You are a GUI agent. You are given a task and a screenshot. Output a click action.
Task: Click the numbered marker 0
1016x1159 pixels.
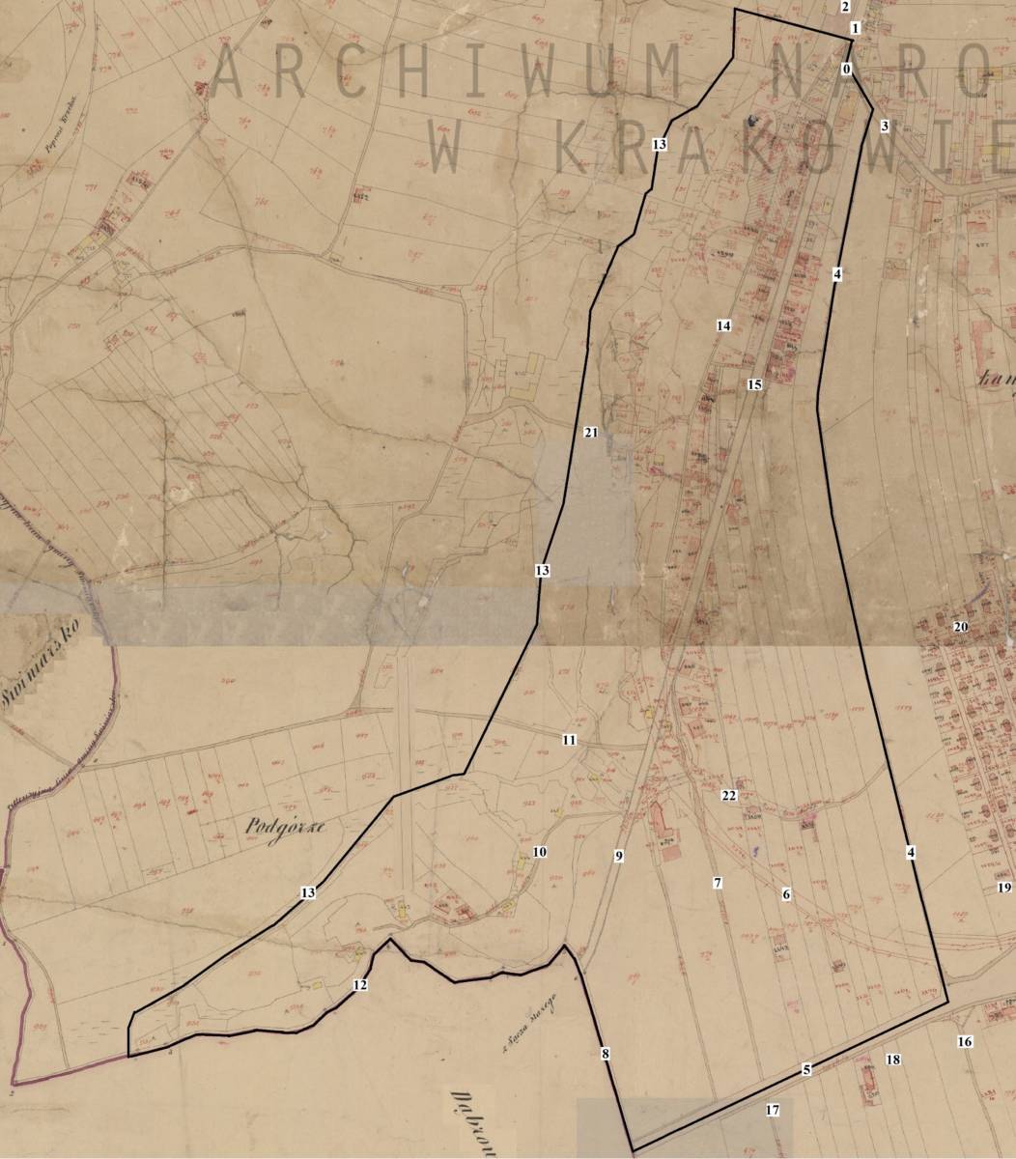click(846, 70)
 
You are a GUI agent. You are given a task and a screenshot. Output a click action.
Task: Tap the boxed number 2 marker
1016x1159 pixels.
click(845, 7)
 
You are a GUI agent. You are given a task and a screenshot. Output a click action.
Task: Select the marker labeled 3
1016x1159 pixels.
click(884, 126)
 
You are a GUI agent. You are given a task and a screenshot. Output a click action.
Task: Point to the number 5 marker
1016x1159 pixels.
click(806, 1069)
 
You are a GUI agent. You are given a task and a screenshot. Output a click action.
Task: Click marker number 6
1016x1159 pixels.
click(786, 895)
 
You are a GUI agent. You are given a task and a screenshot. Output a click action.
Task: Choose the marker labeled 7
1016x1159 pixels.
click(718, 883)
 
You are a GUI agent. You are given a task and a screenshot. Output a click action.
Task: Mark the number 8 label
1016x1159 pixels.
click(606, 1054)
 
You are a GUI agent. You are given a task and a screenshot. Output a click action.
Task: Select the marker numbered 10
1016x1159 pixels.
click(539, 852)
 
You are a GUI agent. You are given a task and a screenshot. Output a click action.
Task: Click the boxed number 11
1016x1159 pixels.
click(569, 740)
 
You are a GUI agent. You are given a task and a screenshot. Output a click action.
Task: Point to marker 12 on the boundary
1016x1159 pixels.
click(360, 985)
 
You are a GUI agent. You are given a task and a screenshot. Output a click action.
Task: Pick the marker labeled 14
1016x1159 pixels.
click(723, 325)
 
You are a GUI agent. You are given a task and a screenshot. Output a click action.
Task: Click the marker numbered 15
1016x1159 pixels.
click(754, 384)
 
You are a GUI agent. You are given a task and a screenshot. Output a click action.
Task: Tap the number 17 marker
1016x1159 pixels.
click(772, 1110)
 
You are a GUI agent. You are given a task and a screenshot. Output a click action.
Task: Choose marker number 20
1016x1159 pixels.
click(960, 627)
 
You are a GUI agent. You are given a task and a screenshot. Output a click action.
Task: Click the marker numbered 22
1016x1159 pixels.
click(729, 796)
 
